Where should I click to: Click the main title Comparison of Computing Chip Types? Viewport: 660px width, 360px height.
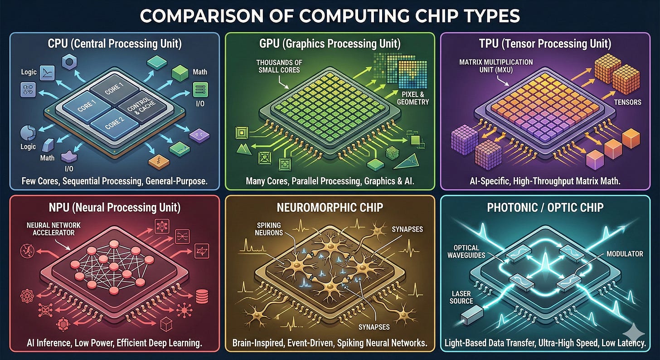[330, 17]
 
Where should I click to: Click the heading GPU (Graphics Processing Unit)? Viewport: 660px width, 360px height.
[330, 44]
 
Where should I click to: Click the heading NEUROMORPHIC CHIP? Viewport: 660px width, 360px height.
[330, 207]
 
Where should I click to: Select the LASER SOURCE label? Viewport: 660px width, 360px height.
[462, 297]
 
